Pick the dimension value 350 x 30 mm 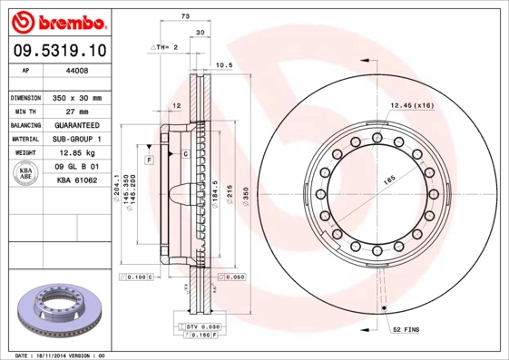click(x=77, y=97)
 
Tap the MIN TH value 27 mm click(x=77, y=111)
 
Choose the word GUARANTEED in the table click(x=77, y=125)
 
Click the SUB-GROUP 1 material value click(x=77, y=139)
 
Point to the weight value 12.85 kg click(x=77, y=153)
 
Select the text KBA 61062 click(x=77, y=181)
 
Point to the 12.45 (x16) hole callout click(x=411, y=106)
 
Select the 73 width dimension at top click(x=185, y=17)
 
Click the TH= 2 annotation click(x=164, y=45)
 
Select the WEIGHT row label click(x=25, y=153)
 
